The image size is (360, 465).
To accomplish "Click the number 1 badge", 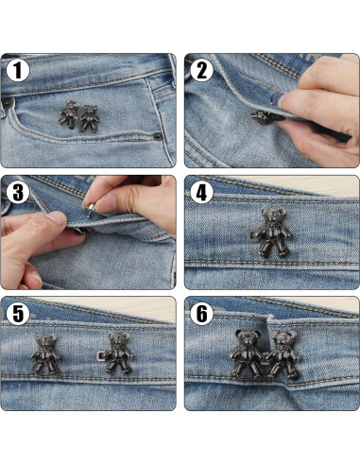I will (x=17, y=70).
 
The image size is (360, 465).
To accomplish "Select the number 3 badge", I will (x=17, y=192).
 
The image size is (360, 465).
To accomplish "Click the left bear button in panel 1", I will (x=69, y=114).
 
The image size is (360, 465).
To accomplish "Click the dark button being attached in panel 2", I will (x=256, y=116).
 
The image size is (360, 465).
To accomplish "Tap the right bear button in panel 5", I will (x=117, y=355).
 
